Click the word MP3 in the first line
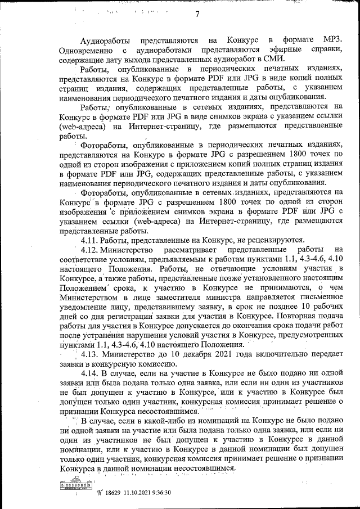coord(332,40)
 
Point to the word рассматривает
coord(188,249)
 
